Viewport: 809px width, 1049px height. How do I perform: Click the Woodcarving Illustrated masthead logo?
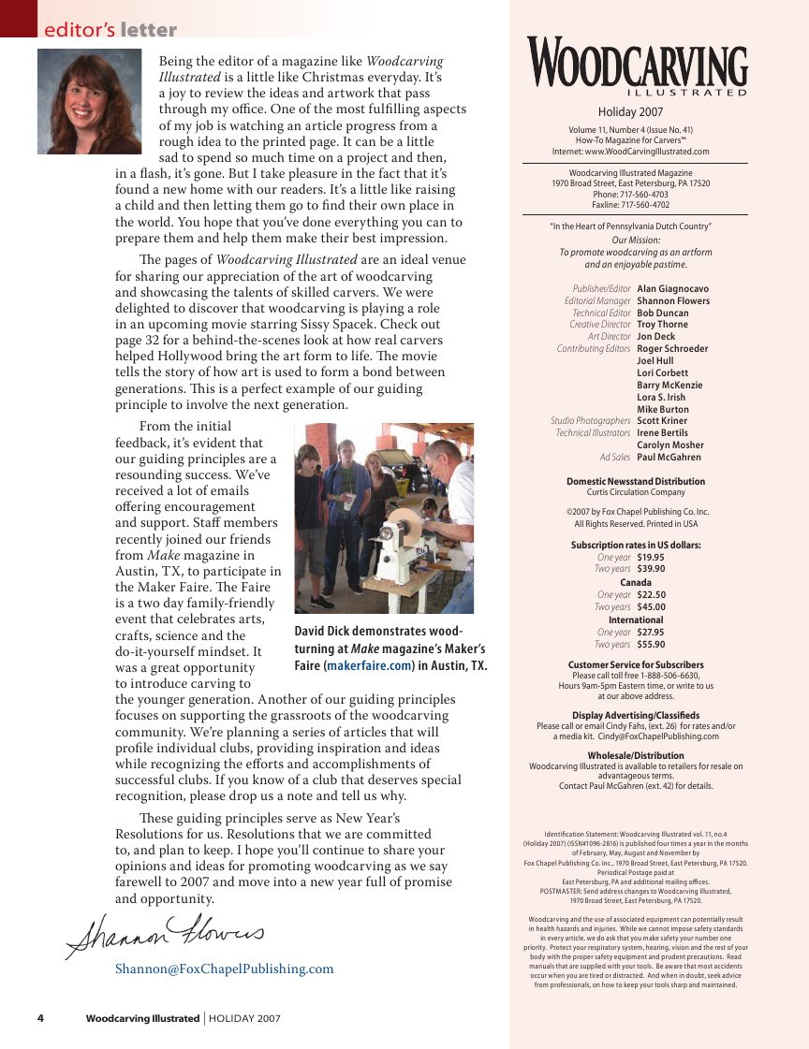coord(637,67)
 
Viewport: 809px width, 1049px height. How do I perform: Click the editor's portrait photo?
coord(89,101)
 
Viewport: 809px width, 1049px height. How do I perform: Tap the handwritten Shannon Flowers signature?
coord(164,931)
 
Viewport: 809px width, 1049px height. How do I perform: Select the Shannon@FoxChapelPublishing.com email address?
coord(224,969)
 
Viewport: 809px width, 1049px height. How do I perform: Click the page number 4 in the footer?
coord(40,1018)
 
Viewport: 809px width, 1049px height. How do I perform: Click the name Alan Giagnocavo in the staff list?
coord(672,289)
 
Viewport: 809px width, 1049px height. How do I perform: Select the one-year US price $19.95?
coord(651,557)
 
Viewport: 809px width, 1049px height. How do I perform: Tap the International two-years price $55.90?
coord(651,644)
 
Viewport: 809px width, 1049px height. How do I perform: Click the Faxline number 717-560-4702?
coord(647,205)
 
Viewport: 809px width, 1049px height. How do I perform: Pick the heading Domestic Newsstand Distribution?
coord(636,481)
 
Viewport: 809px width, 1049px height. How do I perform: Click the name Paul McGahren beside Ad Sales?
coord(669,458)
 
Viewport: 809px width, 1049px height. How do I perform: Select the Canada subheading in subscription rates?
coord(636,582)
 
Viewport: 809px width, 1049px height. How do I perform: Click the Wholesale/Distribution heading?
coord(636,755)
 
